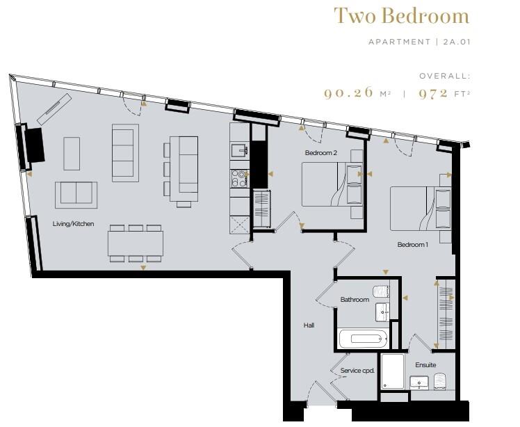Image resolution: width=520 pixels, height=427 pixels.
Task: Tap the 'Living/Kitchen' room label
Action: (x=73, y=224)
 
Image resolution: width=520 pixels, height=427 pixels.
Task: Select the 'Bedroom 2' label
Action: (x=320, y=152)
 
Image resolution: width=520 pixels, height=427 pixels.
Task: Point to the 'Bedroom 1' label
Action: (x=412, y=245)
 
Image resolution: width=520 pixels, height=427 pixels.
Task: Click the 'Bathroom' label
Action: (x=354, y=300)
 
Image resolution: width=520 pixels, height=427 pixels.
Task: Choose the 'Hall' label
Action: (x=309, y=325)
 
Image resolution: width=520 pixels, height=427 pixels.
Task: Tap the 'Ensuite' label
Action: (x=425, y=365)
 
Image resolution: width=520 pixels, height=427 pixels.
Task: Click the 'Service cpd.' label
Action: (x=357, y=371)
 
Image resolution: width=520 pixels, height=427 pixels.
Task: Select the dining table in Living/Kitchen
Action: (x=135, y=243)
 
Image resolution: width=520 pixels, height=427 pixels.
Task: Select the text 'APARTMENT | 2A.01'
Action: (x=418, y=42)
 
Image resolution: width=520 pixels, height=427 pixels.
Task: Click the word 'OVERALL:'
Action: (x=444, y=75)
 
